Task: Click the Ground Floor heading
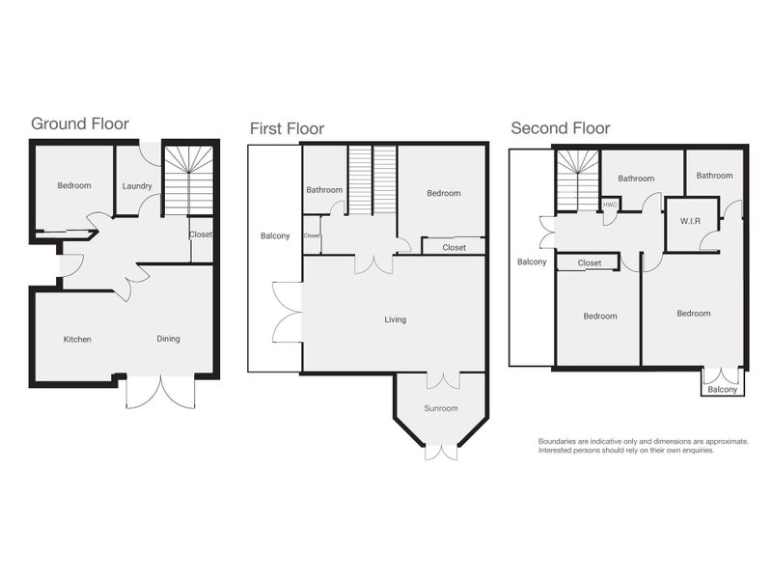[80, 124]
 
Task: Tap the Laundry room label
[137, 186]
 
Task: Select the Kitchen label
[77, 340]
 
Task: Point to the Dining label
[168, 339]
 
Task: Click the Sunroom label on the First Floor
[441, 408]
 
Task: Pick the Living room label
[396, 320]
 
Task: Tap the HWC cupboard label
[610, 205]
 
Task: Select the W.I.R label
[690, 221]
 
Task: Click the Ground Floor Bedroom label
[74, 185]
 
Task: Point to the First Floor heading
[287, 129]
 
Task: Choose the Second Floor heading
[561, 128]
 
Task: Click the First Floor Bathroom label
[324, 189]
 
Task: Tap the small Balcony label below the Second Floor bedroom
[722, 390]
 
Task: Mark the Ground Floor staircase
[188, 180]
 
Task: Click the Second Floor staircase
[578, 180]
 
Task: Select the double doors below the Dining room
[160, 392]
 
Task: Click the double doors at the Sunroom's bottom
[441, 453]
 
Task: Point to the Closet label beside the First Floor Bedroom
[454, 248]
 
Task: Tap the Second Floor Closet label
[590, 262]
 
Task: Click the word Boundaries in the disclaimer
[558, 442]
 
